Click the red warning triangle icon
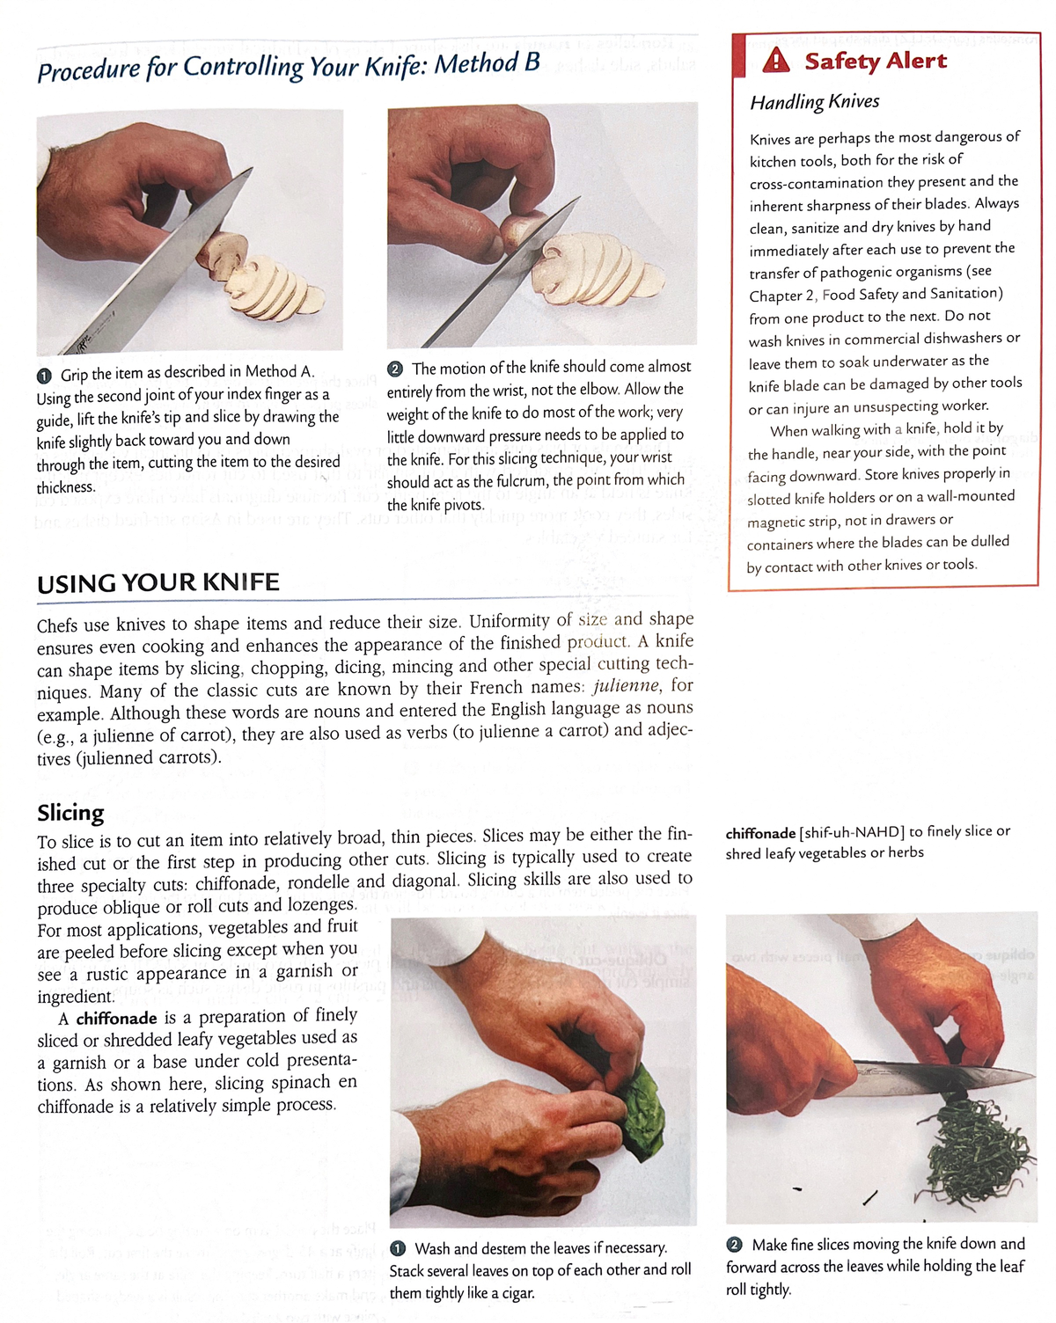coord(775,61)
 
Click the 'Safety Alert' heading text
coord(875,61)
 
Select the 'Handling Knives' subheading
coord(814,102)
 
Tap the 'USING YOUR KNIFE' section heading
coord(158,582)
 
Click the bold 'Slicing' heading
coord(70,812)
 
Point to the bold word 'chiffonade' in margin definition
coord(760,832)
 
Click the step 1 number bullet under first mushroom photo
coord(44,375)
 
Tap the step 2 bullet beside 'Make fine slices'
coord(734,1245)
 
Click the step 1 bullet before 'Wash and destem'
coord(398,1249)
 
